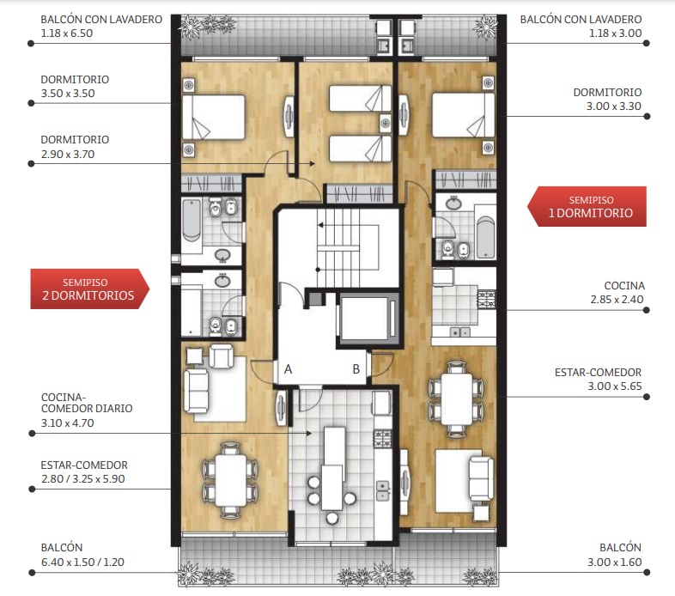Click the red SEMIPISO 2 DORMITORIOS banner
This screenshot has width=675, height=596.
tap(89, 289)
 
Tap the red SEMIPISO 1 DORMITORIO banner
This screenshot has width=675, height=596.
tap(587, 206)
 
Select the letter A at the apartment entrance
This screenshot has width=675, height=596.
tap(288, 369)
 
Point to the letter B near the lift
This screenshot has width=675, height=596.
tap(356, 369)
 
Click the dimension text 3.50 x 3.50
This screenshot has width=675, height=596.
tap(68, 94)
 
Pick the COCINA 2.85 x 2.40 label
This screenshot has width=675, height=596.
tap(617, 292)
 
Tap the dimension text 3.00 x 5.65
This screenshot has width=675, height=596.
tap(615, 386)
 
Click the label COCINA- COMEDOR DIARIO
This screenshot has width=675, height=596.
tap(87, 403)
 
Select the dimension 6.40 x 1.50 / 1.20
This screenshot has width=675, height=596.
tap(82, 562)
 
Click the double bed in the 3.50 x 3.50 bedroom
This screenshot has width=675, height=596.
tap(214, 117)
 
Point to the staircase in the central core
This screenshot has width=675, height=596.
tap(338, 247)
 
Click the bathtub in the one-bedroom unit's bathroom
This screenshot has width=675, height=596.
tap(485, 237)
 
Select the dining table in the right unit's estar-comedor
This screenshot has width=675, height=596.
tap(457, 399)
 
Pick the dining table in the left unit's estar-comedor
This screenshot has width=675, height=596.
tap(231, 480)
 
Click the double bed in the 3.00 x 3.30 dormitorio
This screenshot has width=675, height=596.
tap(463, 115)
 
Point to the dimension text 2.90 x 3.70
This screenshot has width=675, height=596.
tap(68, 155)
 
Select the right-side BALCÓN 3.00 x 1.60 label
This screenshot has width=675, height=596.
tap(615, 555)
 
